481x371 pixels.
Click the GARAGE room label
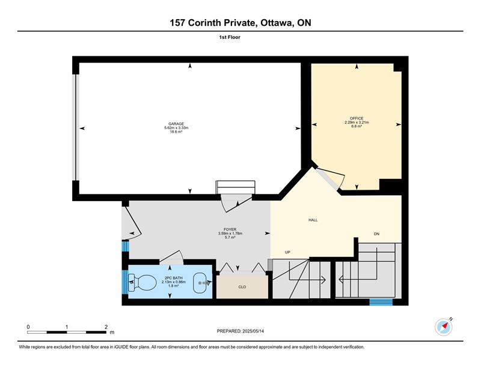tap(176, 124)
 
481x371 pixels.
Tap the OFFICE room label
tap(357, 118)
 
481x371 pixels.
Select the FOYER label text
tap(230, 229)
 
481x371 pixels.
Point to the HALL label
tap(313, 220)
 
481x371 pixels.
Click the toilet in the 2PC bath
tap(142, 282)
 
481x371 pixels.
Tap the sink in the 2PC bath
tap(202, 283)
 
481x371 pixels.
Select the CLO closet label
tap(242, 287)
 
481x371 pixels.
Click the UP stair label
tap(287, 252)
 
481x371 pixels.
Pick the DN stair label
tap(376, 234)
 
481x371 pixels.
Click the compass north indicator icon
tap(444, 327)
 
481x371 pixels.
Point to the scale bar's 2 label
tap(106, 327)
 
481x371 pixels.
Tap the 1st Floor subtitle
tap(230, 37)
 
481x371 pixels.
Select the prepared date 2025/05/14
tap(253, 331)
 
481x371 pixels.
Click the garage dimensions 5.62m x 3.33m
tap(176, 128)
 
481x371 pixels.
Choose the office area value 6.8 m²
tap(357, 126)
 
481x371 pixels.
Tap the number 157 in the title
tap(177, 23)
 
